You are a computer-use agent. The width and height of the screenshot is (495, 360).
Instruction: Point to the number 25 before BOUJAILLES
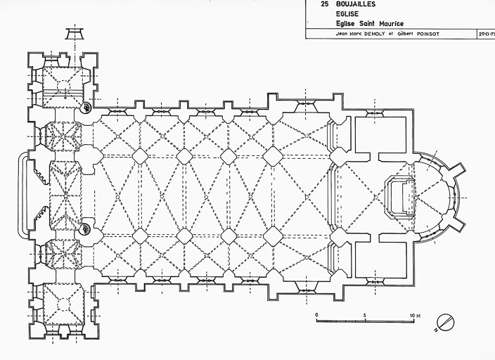tap(323, 4)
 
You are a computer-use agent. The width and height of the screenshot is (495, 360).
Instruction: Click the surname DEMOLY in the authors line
tap(374, 33)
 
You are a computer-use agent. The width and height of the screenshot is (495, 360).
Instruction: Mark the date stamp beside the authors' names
tap(485, 33)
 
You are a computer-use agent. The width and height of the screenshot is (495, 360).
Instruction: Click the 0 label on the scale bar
tap(316, 314)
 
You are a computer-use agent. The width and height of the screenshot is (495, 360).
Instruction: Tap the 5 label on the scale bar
tap(364, 314)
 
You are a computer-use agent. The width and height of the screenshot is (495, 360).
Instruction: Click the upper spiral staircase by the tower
tap(86, 108)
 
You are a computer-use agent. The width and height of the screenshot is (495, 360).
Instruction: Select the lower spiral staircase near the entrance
tap(86, 227)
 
